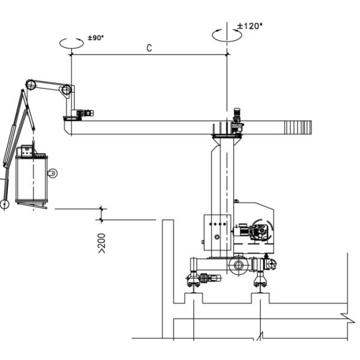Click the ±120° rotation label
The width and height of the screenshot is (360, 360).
click(250, 26)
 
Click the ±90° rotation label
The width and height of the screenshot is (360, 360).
click(96, 38)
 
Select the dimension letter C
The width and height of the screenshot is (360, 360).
click(149, 48)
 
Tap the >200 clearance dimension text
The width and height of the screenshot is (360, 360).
click(102, 244)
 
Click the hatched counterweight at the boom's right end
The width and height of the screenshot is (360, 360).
click(298, 127)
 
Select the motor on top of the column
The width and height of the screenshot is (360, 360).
click(237, 116)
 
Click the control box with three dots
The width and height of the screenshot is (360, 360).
click(217, 233)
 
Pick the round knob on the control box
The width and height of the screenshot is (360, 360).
click(217, 237)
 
